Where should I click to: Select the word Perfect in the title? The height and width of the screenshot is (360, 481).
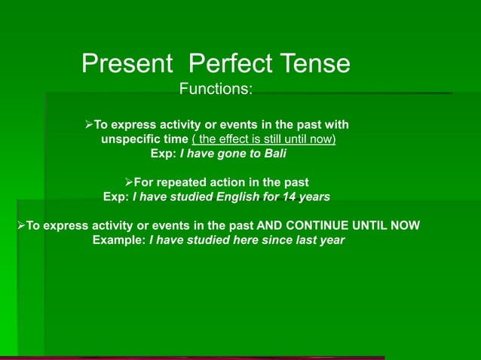(x=225, y=63)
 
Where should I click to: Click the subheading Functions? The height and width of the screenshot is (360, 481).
(x=216, y=90)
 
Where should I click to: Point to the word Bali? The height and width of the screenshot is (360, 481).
(x=274, y=154)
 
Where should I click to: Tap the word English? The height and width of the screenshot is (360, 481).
(x=238, y=197)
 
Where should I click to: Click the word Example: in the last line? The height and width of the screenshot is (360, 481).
(x=119, y=241)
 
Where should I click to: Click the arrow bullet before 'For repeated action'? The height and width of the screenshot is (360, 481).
(x=127, y=182)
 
